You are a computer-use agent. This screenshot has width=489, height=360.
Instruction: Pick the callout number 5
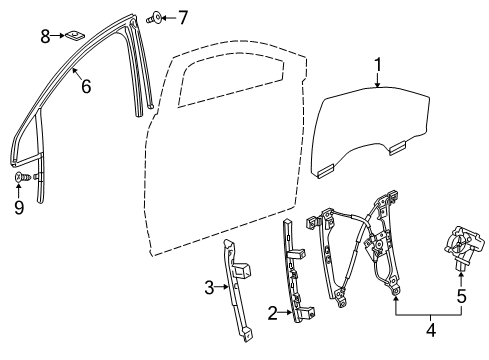(461, 296)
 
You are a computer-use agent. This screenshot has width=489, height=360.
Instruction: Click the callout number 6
(86, 87)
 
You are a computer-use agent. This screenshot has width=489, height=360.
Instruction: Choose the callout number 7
(182, 16)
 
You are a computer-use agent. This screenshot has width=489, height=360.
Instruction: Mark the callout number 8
(45, 37)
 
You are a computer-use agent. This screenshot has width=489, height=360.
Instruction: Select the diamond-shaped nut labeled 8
(76, 39)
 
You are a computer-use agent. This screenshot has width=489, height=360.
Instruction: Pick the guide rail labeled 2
(298, 280)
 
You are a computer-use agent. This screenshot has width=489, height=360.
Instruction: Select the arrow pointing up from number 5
(461, 282)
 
